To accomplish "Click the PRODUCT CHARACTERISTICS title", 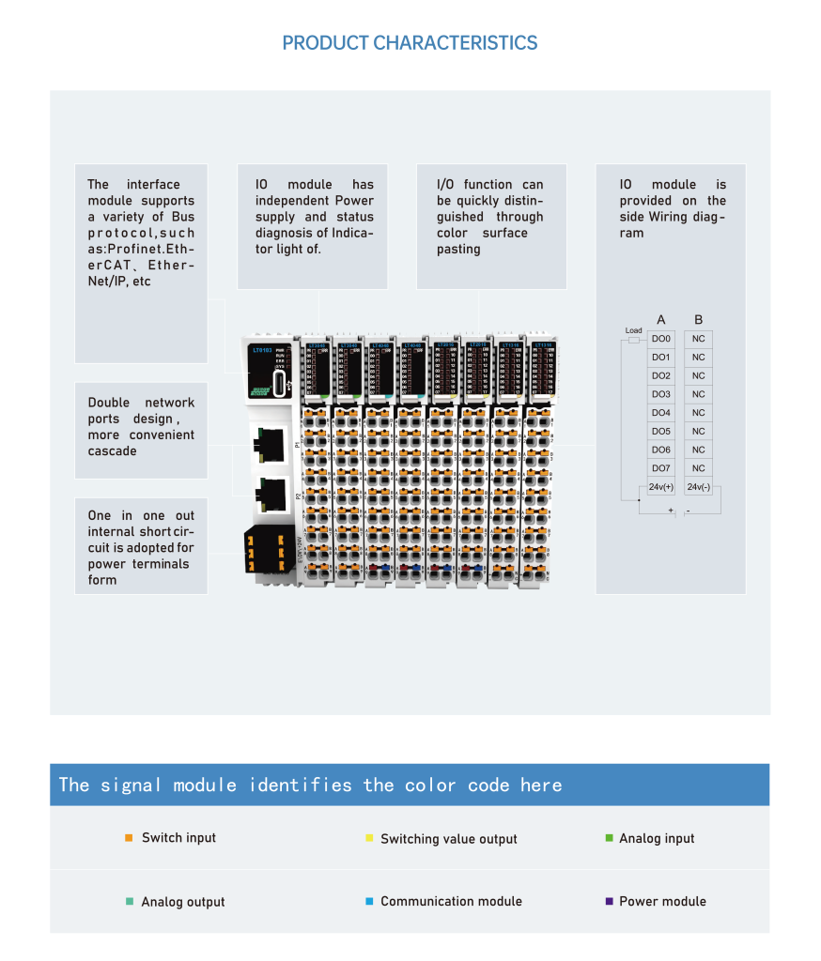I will click(x=410, y=43).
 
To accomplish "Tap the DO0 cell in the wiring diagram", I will click(x=661, y=339).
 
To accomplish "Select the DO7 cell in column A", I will click(x=661, y=468).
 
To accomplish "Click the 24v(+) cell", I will click(x=661, y=487).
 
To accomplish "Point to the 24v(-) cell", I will click(x=698, y=487).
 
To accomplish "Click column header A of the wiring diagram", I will click(x=661, y=319).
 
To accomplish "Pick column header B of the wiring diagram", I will click(x=698, y=319).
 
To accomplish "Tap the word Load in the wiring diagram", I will click(x=633, y=330).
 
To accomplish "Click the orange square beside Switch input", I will click(x=129, y=837).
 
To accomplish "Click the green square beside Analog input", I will click(x=609, y=837).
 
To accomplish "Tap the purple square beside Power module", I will click(x=609, y=901).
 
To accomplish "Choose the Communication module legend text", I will click(x=451, y=901).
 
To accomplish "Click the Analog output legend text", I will click(x=183, y=902).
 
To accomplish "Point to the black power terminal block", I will click(x=265, y=549).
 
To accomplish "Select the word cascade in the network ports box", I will click(x=113, y=450).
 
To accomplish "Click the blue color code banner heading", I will click(x=310, y=785).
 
